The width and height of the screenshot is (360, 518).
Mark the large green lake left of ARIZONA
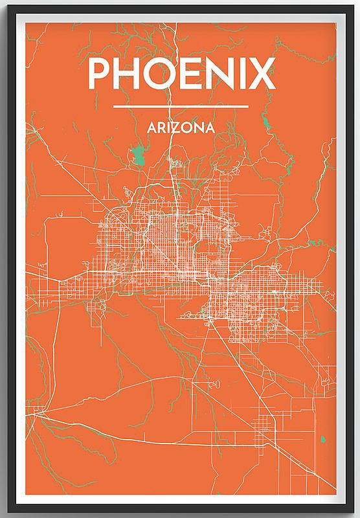pyautogui.click(x=137, y=155)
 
